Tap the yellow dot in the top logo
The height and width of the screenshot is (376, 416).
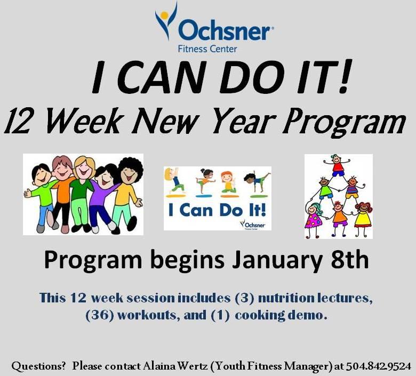[164, 15]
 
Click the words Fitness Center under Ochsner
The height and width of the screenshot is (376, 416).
[207, 49]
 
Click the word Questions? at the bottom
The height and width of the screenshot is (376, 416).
[38, 366]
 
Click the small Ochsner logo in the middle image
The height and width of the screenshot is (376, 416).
[252, 225]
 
